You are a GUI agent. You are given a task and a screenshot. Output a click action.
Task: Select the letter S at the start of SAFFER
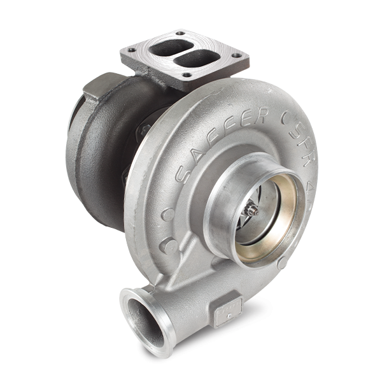(182, 171)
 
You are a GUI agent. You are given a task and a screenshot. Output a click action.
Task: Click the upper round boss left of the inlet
(166, 216)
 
